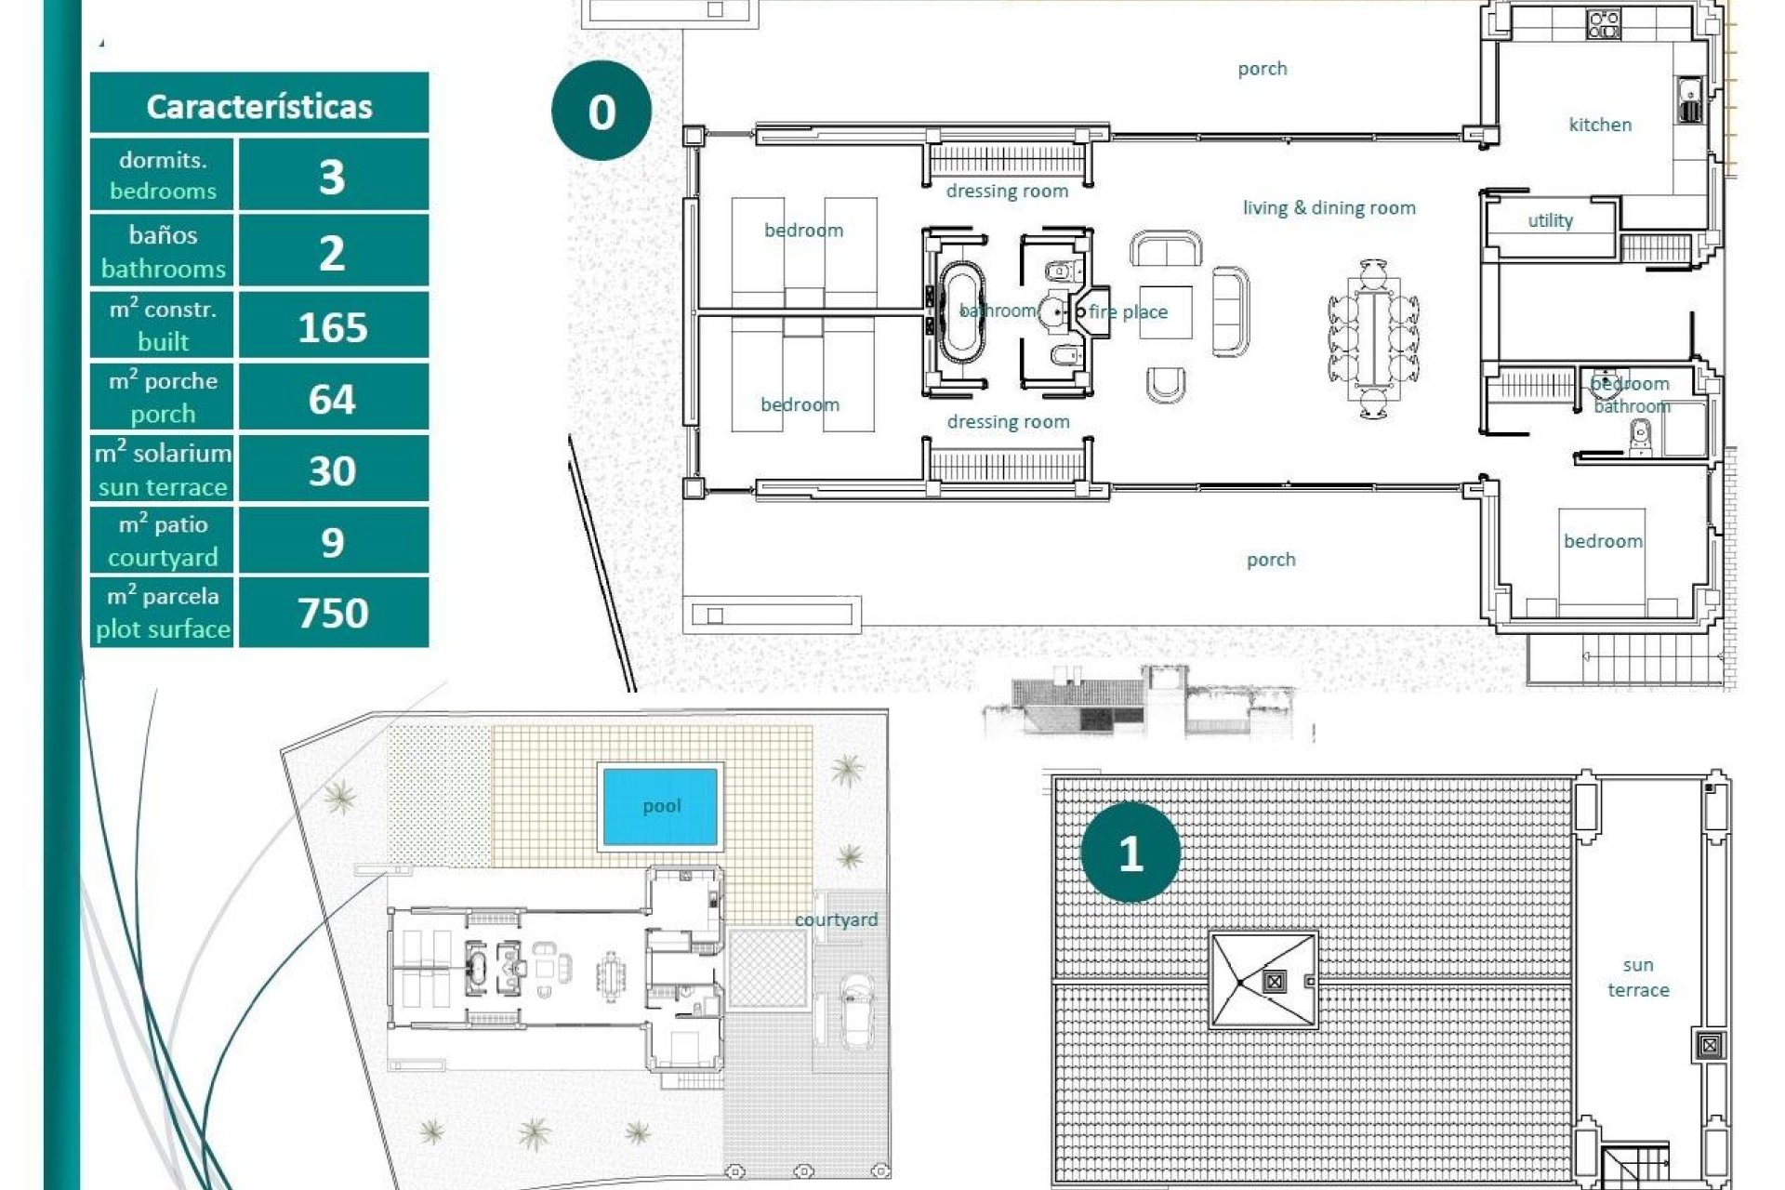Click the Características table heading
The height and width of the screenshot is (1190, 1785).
[259, 106]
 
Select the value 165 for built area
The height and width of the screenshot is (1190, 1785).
[333, 327]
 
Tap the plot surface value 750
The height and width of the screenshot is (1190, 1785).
[333, 613]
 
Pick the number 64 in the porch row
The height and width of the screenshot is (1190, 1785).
[333, 399]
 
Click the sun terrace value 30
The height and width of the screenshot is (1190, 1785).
[333, 470]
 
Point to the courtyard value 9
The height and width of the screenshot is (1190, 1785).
[333, 542]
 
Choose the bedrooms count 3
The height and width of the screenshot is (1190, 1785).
[333, 177]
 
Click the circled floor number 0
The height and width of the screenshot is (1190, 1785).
[602, 112]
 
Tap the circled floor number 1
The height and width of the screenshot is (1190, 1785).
[1130, 853]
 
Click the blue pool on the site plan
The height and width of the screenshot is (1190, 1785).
[661, 806]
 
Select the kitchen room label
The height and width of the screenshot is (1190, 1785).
[1600, 125]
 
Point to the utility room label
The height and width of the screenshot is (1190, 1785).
[1550, 220]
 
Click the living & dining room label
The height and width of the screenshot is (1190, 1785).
[1329, 208]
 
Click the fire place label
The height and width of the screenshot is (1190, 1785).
[1128, 312]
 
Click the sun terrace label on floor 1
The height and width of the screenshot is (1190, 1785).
[1638, 977]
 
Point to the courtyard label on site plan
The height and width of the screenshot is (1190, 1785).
[836, 919]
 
